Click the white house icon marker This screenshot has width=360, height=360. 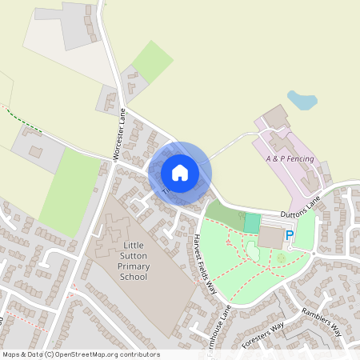(180, 172)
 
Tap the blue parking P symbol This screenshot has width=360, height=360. (290, 236)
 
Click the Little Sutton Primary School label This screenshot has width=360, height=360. (133, 259)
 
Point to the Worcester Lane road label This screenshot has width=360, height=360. (122, 135)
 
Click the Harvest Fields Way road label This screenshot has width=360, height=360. (206, 264)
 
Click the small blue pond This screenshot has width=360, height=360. (301, 100)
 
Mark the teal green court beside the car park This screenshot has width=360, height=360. (252, 223)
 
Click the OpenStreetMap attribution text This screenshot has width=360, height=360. (80, 354)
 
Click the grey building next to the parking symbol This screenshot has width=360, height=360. (270, 237)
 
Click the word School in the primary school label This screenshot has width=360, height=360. (133, 277)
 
